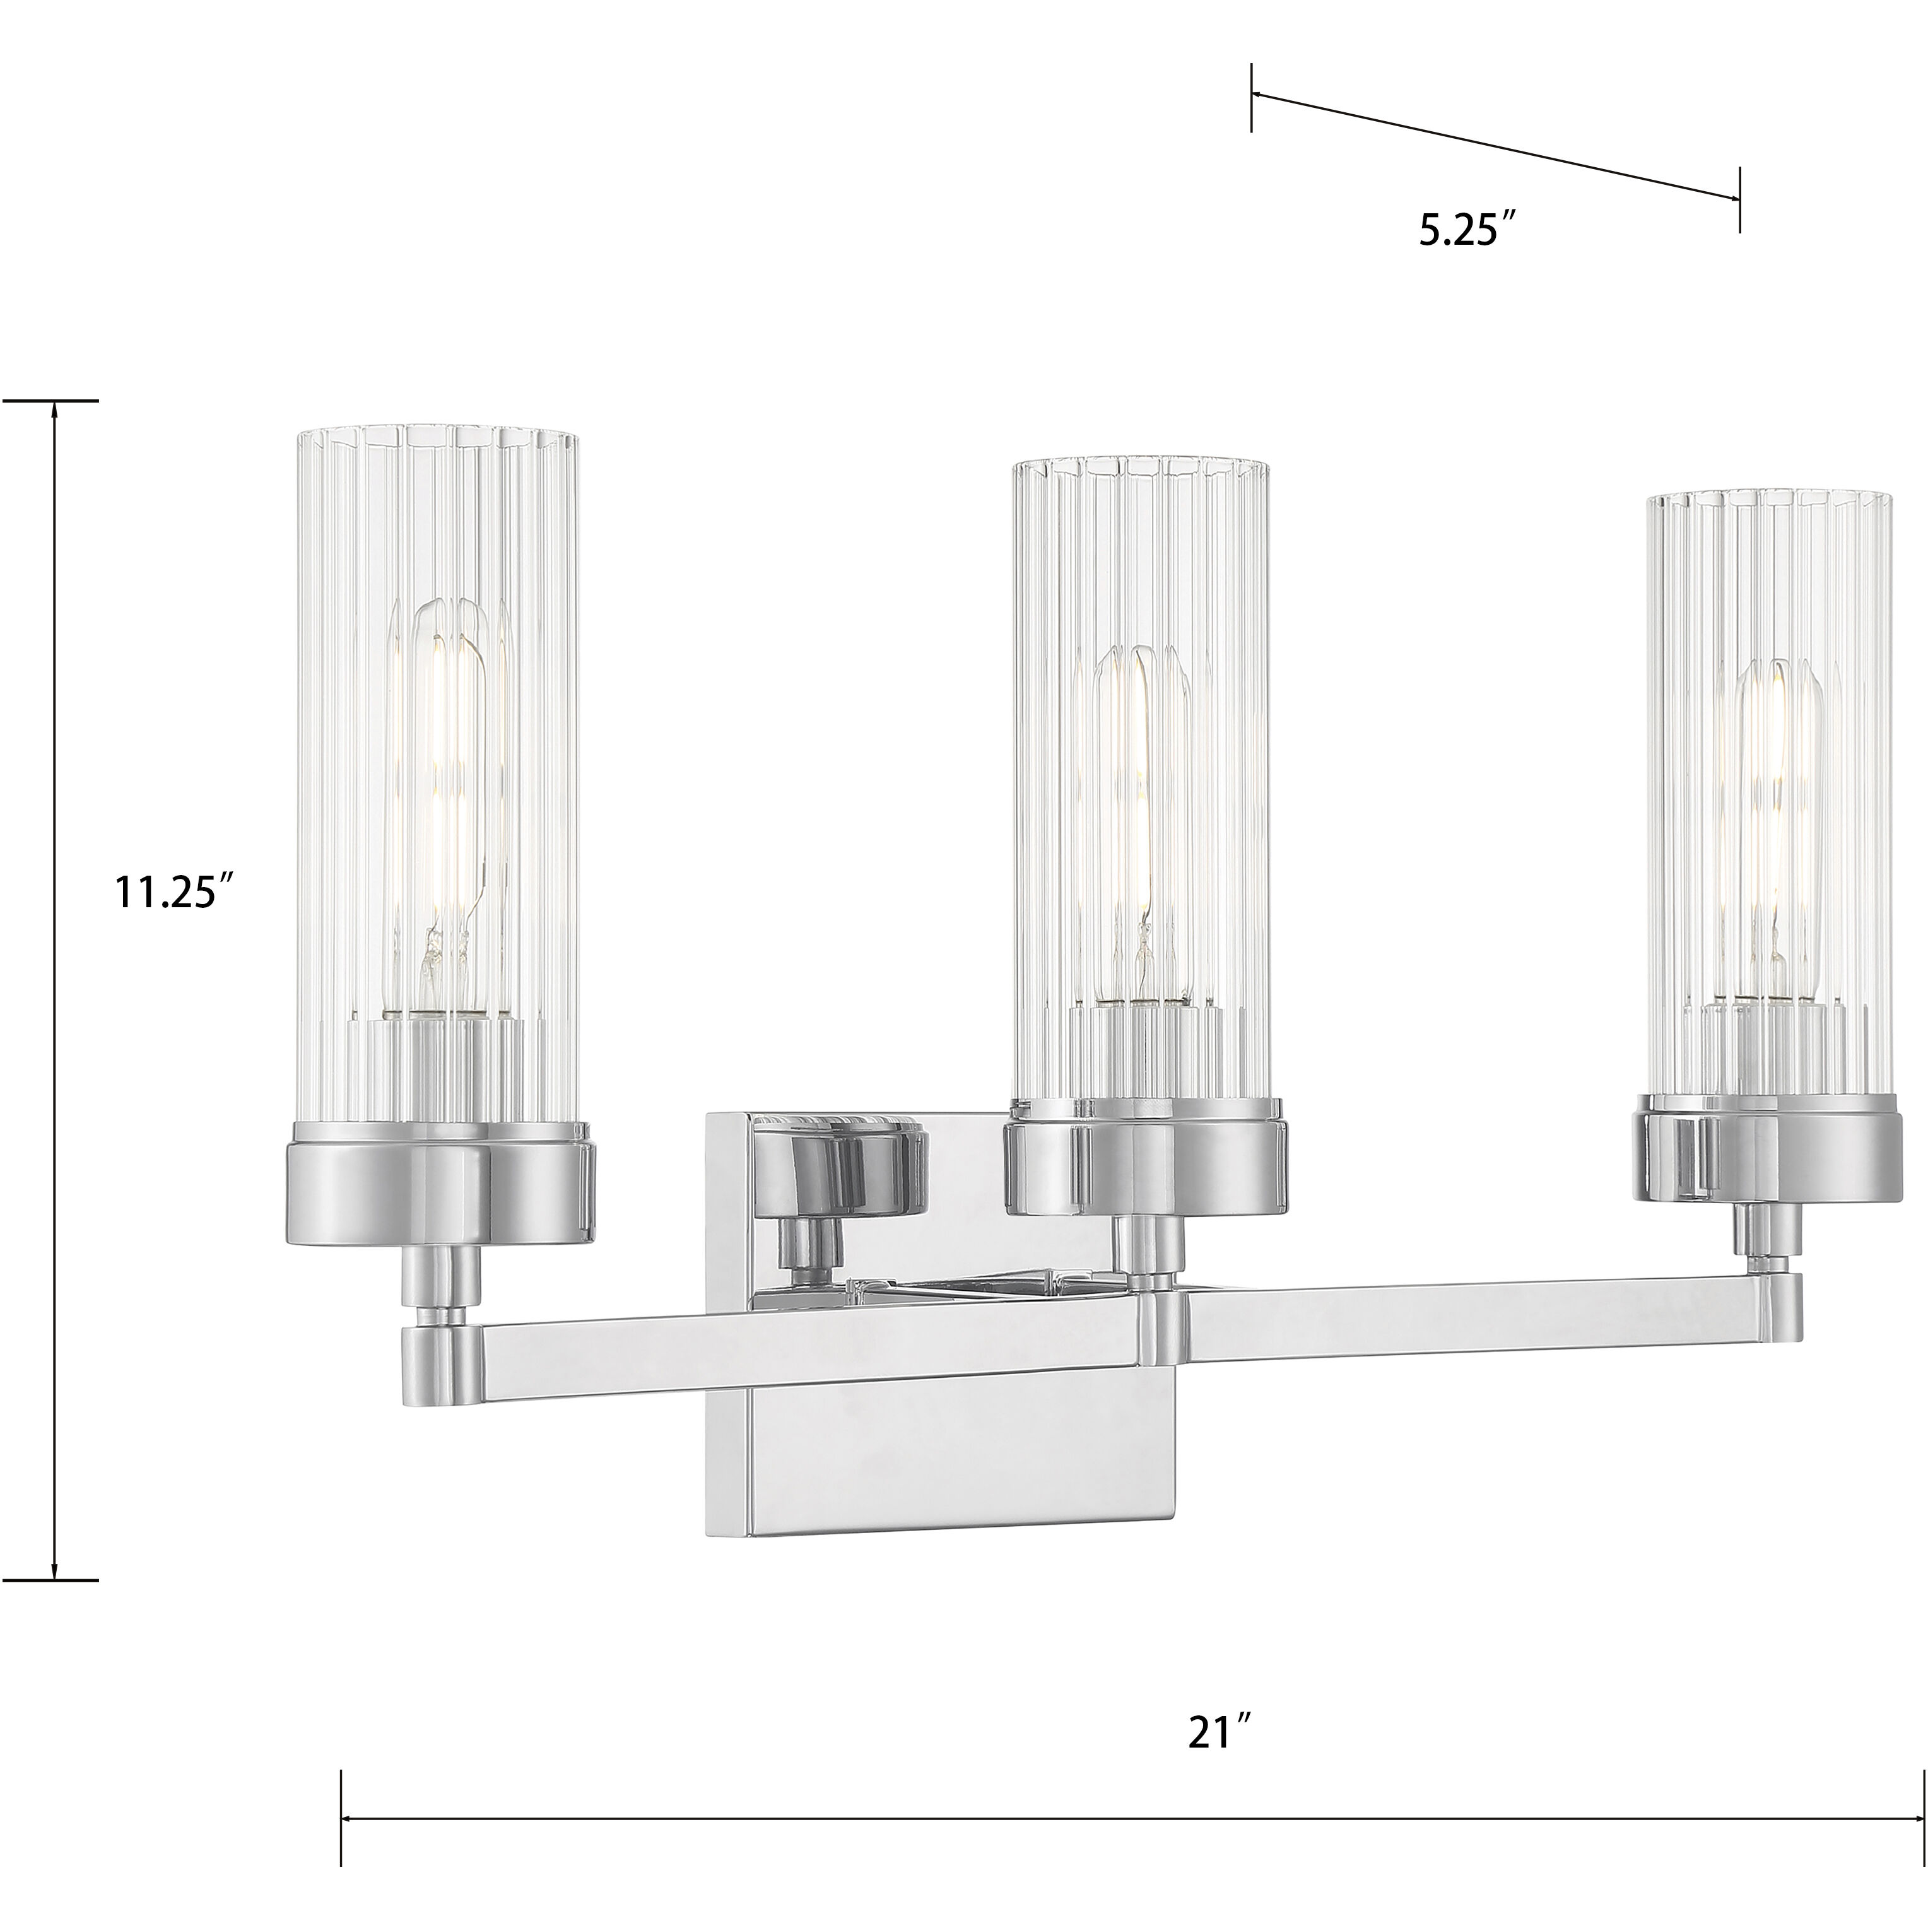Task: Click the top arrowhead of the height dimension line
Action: pyautogui.click(x=55, y=412)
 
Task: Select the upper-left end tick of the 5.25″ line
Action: pyautogui.click(x=1252, y=96)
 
